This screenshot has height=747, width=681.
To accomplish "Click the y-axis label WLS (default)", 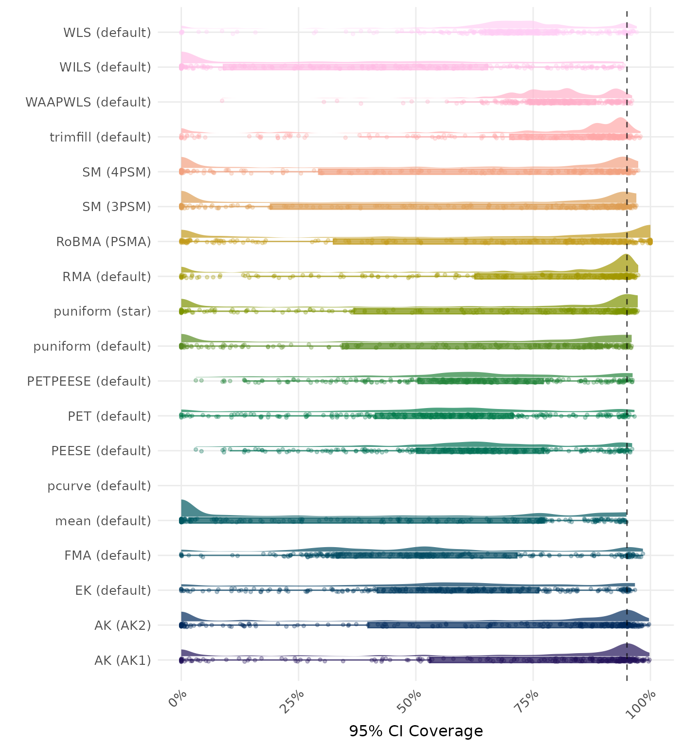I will pos(107,33).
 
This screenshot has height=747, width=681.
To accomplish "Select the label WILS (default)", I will pos(105,67).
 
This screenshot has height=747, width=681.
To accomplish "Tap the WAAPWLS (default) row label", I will pos(88,102).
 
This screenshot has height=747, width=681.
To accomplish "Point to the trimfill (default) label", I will pos(100,137).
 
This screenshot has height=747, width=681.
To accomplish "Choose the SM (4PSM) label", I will pos(117,172).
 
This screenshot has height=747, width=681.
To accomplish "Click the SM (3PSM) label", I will pos(117,207).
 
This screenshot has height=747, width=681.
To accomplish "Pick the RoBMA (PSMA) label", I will pos(104,242).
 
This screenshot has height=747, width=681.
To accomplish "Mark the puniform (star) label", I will pos(102,311).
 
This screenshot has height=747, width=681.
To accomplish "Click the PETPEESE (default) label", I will pos(89,381).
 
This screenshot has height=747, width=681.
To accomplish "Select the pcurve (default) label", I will pos(99,486).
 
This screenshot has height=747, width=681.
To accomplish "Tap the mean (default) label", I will pos(103,521).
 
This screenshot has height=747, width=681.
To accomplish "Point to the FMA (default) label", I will pos(108,555).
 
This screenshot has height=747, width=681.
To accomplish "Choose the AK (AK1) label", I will pos(123,660).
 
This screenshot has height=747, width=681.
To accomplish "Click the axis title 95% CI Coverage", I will pos(416,731).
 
